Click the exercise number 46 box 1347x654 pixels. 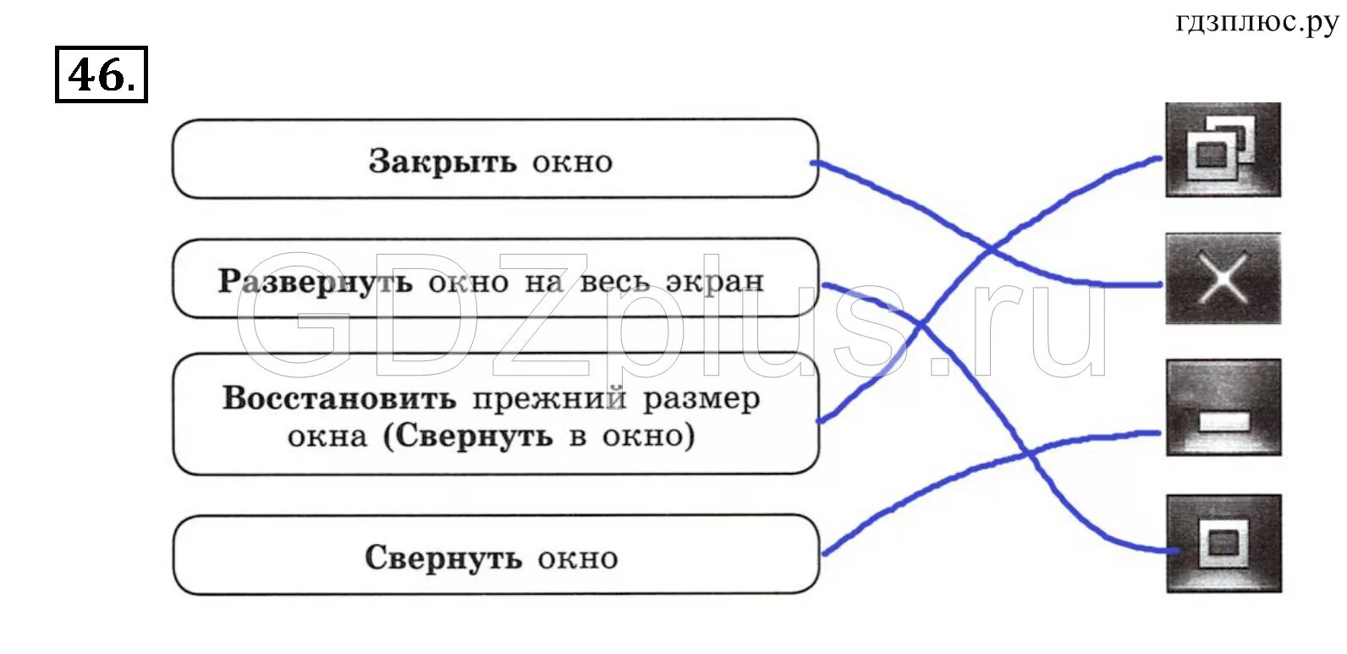coord(101,74)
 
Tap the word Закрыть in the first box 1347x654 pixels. coord(442,161)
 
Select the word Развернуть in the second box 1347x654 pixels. coord(315,281)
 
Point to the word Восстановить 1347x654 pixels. coord(338,398)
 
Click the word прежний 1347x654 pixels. coord(549,398)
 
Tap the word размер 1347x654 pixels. coord(701,398)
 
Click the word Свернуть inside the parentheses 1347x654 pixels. coord(473,437)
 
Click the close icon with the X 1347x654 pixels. coord(1223,278)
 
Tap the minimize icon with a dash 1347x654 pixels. coord(1223,408)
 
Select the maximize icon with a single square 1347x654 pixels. coord(1223,543)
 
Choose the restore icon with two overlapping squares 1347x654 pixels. coord(1223,150)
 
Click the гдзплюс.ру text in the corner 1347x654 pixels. coord(1256,22)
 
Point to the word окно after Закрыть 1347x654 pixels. coord(572,161)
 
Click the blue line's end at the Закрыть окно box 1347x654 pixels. coord(815,162)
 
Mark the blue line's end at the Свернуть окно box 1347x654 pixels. coord(825,553)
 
